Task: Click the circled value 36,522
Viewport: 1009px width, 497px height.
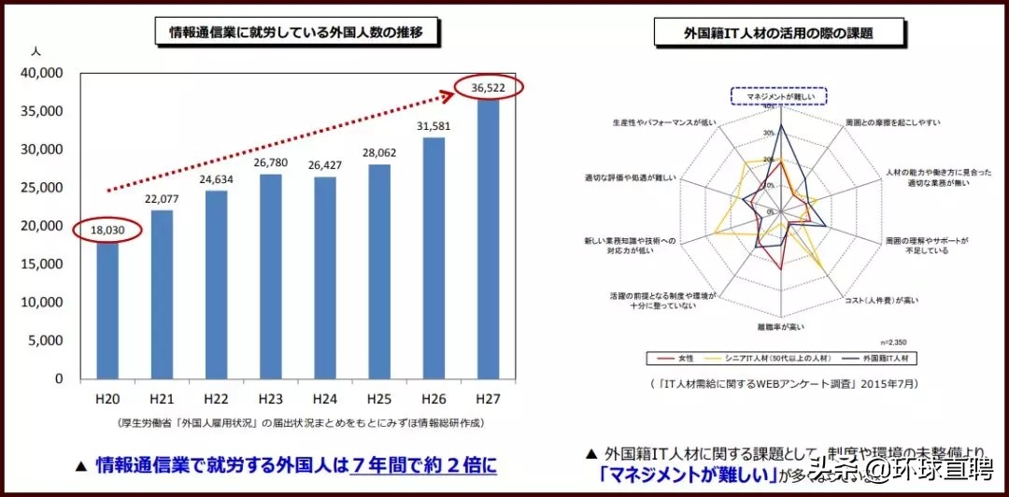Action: click(x=489, y=87)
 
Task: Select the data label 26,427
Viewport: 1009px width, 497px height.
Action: click(x=324, y=165)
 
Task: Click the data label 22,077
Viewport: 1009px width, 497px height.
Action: click(x=163, y=199)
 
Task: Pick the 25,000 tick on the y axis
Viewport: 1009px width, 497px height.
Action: click(x=41, y=188)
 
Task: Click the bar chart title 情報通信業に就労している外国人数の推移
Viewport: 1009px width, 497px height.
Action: click(x=296, y=33)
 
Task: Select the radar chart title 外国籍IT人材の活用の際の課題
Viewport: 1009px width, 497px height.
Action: click(x=778, y=33)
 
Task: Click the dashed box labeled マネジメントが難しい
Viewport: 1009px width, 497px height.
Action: click(x=778, y=96)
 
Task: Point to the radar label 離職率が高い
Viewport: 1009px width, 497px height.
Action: click(x=781, y=327)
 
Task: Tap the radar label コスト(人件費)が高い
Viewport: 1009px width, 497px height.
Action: click(x=881, y=300)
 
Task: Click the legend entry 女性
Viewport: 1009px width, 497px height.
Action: click(x=680, y=358)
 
